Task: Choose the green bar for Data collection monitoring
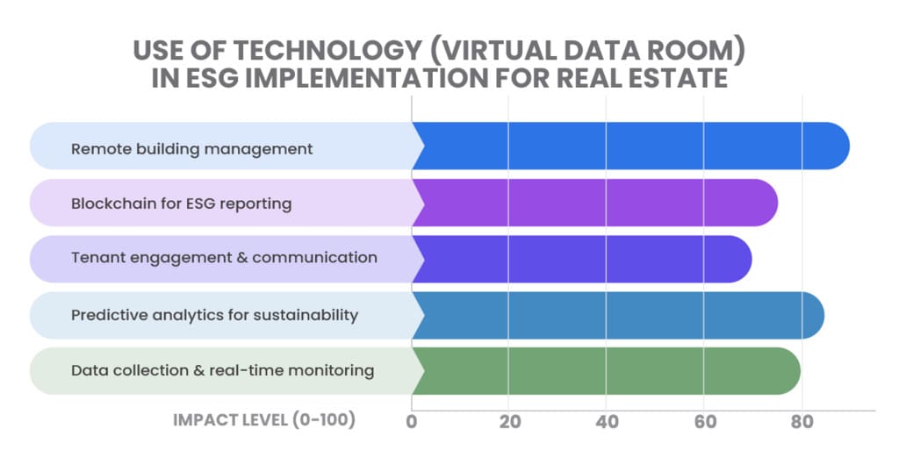[x=606, y=371]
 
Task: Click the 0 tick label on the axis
[x=411, y=421]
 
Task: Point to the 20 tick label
[x=509, y=421]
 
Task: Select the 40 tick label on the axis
[x=607, y=421]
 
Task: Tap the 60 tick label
[x=704, y=421]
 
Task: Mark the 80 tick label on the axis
[x=802, y=421]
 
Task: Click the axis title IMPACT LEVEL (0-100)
[x=264, y=420]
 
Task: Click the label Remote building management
[x=191, y=149]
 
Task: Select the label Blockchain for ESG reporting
[x=181, y=204]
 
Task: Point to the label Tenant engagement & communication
[x=224, y=258]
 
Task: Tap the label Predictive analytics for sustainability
[x=214, y=315]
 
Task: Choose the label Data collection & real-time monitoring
[x=222, y=370]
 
